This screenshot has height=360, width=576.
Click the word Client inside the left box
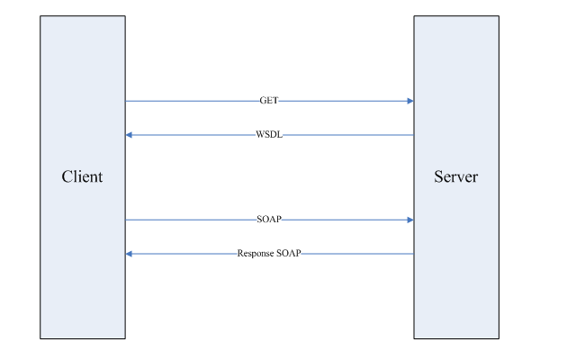tap(82, 176)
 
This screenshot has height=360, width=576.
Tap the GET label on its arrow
tap(269, 101)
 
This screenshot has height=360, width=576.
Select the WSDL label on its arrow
tap(270, 135)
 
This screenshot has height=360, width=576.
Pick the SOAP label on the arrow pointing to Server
tap(269, 220)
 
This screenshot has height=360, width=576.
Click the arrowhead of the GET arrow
tap(409, 101)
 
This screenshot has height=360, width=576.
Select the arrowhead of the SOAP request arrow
tap(409, 220)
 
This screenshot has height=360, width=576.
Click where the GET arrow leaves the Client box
tap(125, 101)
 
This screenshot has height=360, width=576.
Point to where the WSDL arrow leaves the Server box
tap(414, 135)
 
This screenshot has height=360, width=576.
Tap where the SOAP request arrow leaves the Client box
tap(125, 220)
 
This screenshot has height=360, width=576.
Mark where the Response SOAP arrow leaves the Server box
tap(414, 254)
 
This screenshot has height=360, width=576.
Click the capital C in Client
tap(67, 176)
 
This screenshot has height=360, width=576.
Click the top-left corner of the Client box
tap(40, 15)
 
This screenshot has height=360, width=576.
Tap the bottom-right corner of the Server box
tap(498, 338)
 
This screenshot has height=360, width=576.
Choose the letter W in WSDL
tap(260, 135)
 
